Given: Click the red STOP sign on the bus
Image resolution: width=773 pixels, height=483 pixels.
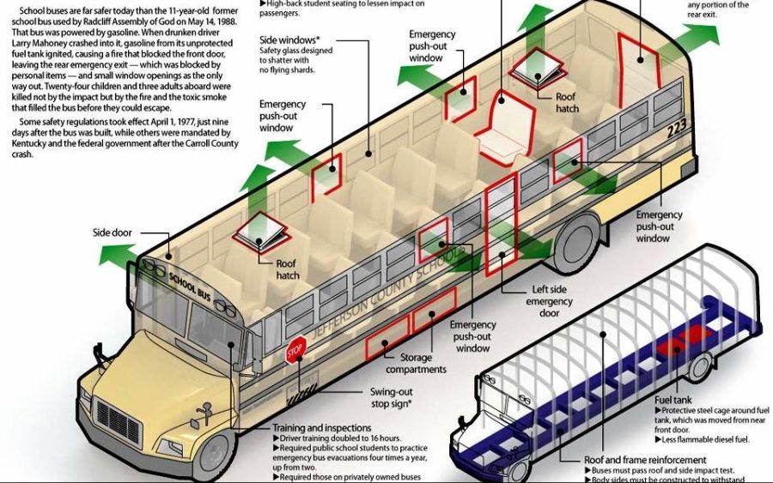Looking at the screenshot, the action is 295,351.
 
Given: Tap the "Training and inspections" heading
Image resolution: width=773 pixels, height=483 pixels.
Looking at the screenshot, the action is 321,427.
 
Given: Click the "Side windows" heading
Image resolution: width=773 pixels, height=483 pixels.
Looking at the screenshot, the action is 289,40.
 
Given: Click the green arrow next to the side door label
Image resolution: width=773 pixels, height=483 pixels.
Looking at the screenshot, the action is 117,253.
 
